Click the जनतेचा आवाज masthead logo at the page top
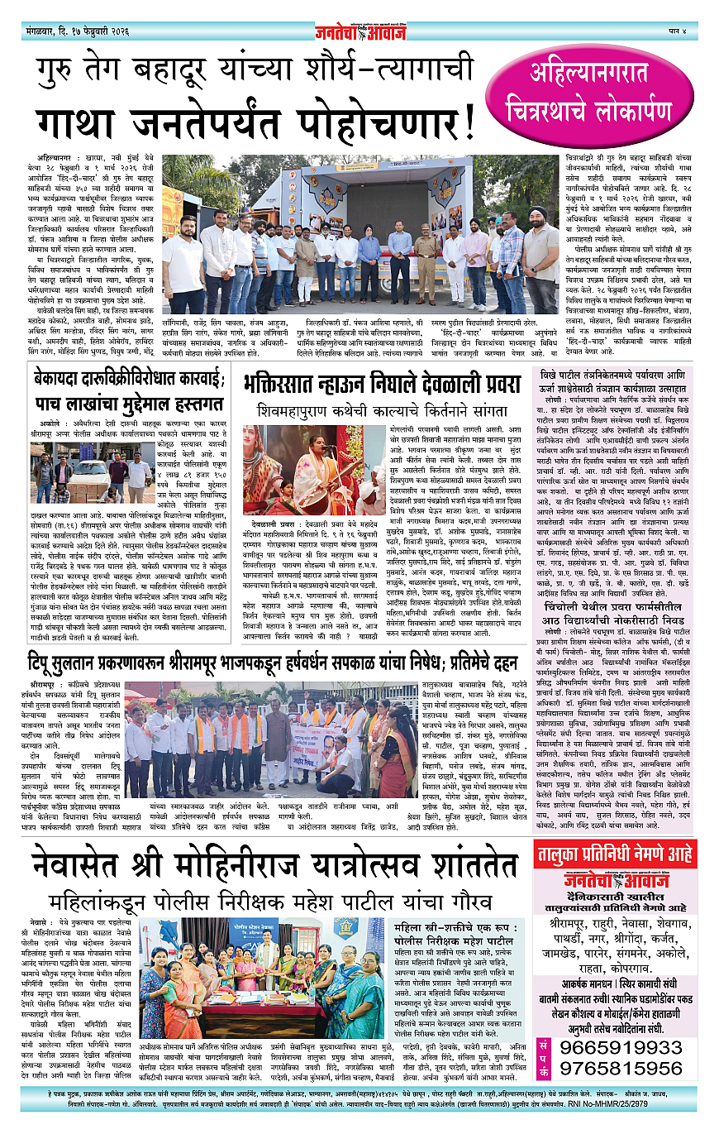pos(359,31)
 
